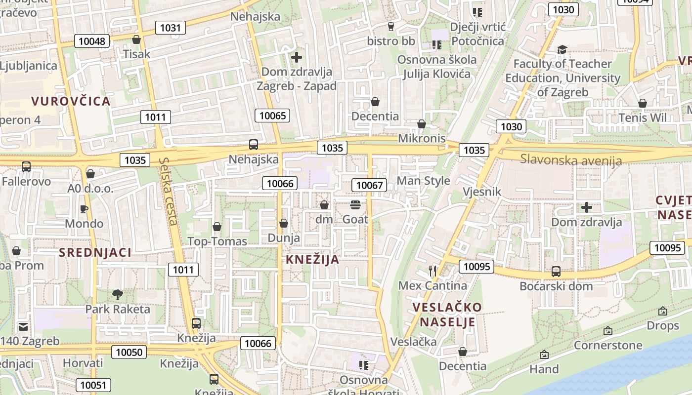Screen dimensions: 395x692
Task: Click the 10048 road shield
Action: [x=92, y=41]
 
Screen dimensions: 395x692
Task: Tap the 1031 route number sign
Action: [x=171, y=28]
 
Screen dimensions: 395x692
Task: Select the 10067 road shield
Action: [x=369, y=185]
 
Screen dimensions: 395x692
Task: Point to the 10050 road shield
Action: [x=129, y=352]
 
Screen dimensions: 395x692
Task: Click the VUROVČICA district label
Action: [x=71, y=101]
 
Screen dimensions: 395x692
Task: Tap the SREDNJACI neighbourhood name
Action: [x=95, y=252]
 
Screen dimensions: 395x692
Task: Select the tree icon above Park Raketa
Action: [x=118, y=295]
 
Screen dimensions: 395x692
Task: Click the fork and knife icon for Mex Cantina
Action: [x=432, y=271]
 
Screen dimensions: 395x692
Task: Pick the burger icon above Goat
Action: [x=355, y=204]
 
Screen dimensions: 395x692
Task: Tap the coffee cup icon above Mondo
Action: [x=84, y=209]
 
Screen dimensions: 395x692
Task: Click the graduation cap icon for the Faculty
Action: [x=562, y=49]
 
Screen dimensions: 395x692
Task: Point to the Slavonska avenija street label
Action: [x=571, y=160]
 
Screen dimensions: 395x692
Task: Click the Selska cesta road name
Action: [x=169, y=191]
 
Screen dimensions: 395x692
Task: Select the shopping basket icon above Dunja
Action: [x=284, y=223]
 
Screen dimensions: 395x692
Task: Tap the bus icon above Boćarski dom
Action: [x=556, y=271]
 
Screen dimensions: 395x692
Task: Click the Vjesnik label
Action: [x=482, y=192]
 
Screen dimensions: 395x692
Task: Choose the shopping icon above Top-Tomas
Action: [x=216, y=227]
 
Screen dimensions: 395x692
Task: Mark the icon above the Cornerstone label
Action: [x=608, y=331]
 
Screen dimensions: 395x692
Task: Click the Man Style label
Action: [x=424, y=181]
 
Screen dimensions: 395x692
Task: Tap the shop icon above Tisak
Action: [x=136, y=39]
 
